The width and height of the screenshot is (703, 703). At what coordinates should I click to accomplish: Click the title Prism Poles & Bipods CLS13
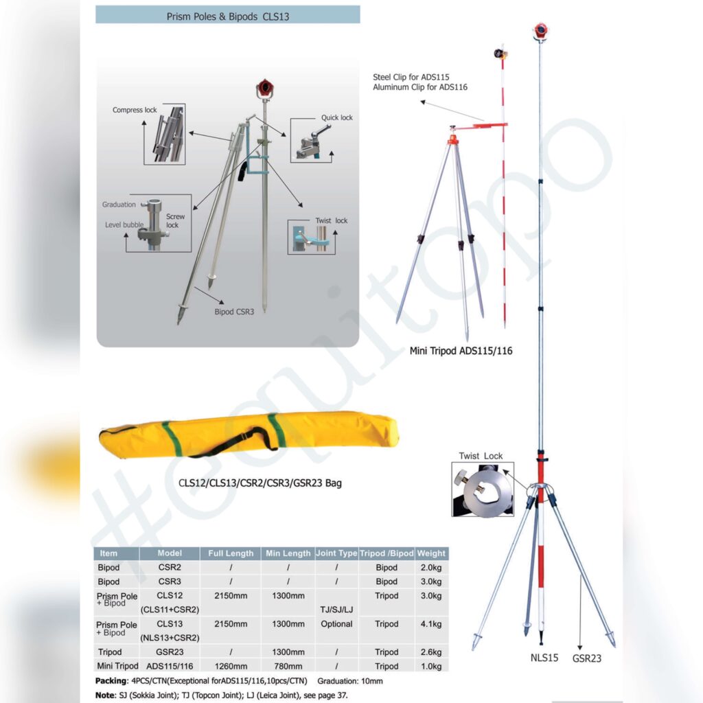[x=228, y=16]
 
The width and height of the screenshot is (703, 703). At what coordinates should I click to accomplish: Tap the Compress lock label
[x=135, y=110]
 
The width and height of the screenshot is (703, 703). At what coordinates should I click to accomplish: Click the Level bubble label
[x=124, y=224]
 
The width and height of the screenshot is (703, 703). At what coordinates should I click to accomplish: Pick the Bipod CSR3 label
[x=234, y=312]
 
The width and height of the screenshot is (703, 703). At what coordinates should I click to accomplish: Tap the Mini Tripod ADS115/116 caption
[x=461, y=351]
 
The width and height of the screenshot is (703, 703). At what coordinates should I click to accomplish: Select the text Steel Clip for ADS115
[x=411, y=77]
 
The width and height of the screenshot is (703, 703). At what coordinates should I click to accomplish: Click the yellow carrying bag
[x=249, y=435]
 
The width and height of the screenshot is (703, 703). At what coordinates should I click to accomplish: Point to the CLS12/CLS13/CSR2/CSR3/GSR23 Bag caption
[x=260, y=483]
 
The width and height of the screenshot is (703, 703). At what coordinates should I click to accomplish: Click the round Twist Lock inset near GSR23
[x=483, y=489]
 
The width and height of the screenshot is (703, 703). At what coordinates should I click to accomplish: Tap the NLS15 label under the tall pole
[x=544, y=658]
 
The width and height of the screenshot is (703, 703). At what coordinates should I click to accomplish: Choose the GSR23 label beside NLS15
[x=587, y=658]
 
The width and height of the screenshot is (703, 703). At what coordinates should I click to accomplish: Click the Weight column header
[x=431, y=553]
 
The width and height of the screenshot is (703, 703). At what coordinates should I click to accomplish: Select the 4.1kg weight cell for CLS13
[x=431, y=623]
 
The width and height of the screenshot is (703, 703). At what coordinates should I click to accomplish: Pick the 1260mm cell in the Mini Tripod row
[x=231, y=666]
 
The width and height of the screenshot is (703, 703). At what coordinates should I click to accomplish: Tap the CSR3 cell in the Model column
[x=170, y=581]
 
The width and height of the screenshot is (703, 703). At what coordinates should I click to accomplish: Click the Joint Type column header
[x=336, y=553]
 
